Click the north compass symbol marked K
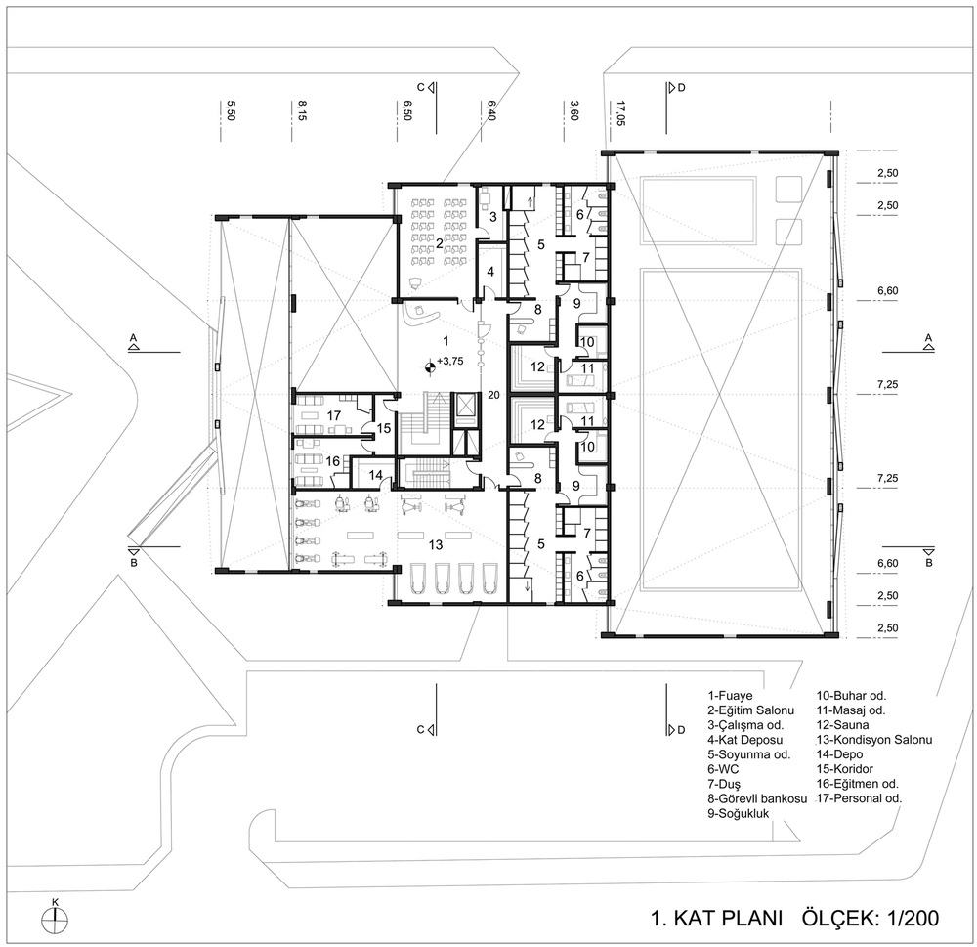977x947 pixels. [x=56, y=919]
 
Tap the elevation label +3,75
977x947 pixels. [x=449, y=361]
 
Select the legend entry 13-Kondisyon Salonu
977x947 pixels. [x=874, y=740]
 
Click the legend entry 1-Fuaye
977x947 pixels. [x=730, y=696]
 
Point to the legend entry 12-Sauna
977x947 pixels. [x=842, y=725]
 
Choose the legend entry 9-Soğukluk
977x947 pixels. [x=738, y=813]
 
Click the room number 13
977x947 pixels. [x=436, y=545]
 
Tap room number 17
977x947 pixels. [x=334, y=415]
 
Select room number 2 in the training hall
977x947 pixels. [x=440, y=243]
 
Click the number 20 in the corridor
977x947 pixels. [x=493, y=395]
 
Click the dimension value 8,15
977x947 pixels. [x=302, y=111]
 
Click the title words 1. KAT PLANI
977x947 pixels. [x=716, y=919]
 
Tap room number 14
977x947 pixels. [x=375, y=475]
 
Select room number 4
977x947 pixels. [x=490, y=272]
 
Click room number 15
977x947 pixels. [x=383, y=428]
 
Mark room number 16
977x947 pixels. [x=333, y=461]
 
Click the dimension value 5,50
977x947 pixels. [x=231, y=110]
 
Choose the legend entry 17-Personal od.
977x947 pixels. [x=859, y=798]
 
